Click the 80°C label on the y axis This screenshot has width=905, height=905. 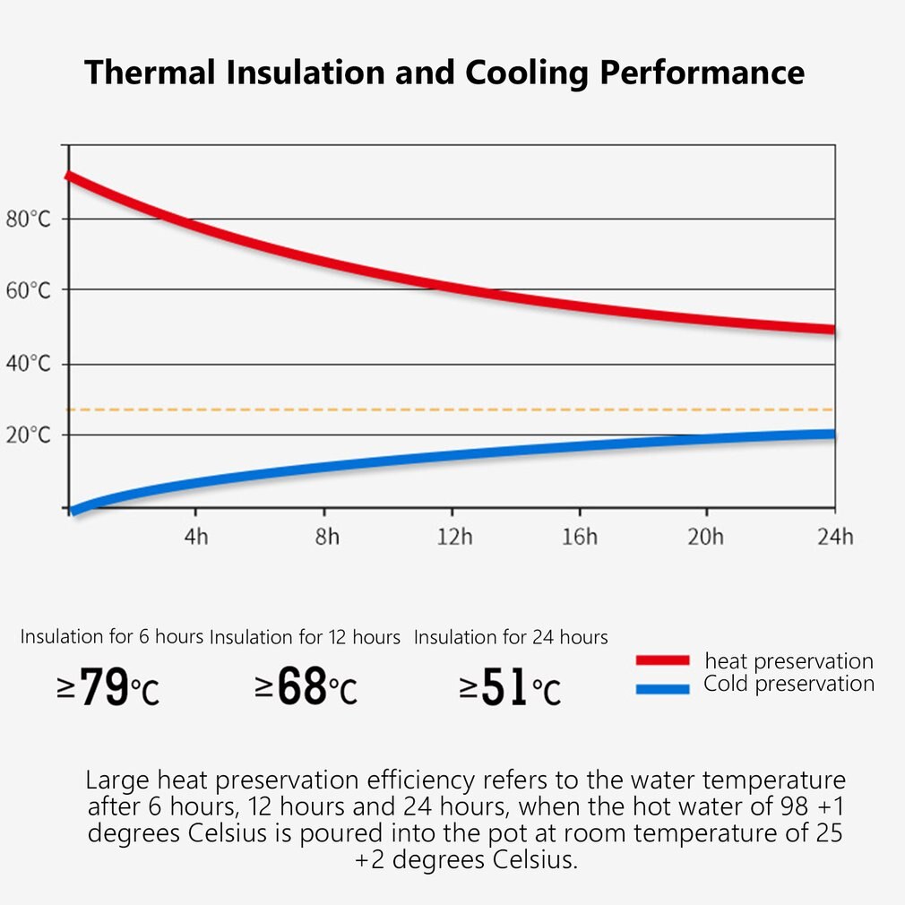[x=28, y=220]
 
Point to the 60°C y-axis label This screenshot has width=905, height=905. [x=28, y=290]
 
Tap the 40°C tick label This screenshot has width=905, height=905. [x=28, y=364]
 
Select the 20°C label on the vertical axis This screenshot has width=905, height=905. [x=28, y=435]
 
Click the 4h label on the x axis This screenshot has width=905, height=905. [x=195, y=537]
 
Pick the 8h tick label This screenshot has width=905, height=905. [x=327, y=537]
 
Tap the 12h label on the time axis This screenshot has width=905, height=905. [x=454, y=537]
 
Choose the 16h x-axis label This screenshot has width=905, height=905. [x=580, y=537]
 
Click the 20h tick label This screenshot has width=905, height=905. [x=705, y=537]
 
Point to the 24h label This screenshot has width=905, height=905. [x=834, y=537]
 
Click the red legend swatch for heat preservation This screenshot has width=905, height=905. [x=662, y=660]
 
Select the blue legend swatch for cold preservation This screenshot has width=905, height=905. [x=662, y=688]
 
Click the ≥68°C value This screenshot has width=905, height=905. [x=306, y=688]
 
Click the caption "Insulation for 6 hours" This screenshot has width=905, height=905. [x=112, y=637]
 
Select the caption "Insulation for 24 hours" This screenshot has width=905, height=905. [x=511, y=637]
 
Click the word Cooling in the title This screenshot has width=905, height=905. [x=520, y=72]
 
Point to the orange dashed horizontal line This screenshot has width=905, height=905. [x=448, y=409]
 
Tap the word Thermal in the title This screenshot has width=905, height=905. [x=150, y=72]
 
